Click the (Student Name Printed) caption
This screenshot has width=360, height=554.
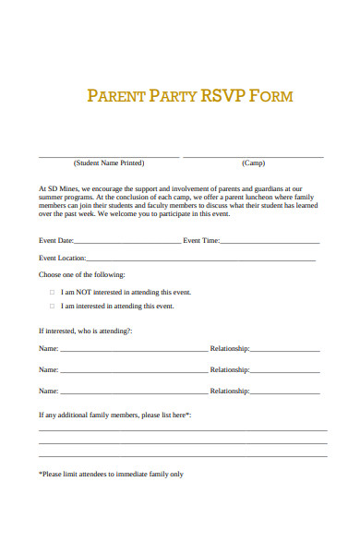109,163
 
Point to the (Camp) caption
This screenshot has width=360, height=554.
253,163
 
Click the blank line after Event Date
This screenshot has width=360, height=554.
130,242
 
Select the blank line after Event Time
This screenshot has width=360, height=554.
270,242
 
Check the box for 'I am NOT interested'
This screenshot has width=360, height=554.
52,291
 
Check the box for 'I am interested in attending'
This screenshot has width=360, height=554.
52,307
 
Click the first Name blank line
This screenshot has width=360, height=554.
134,350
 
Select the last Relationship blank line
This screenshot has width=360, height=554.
285,391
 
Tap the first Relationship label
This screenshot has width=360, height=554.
230,349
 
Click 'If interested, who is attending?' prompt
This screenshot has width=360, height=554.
86,331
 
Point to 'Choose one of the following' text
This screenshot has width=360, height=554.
81,275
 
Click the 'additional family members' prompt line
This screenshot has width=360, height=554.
114,415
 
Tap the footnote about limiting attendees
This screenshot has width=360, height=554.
111,475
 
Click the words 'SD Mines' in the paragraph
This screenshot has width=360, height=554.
59,187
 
